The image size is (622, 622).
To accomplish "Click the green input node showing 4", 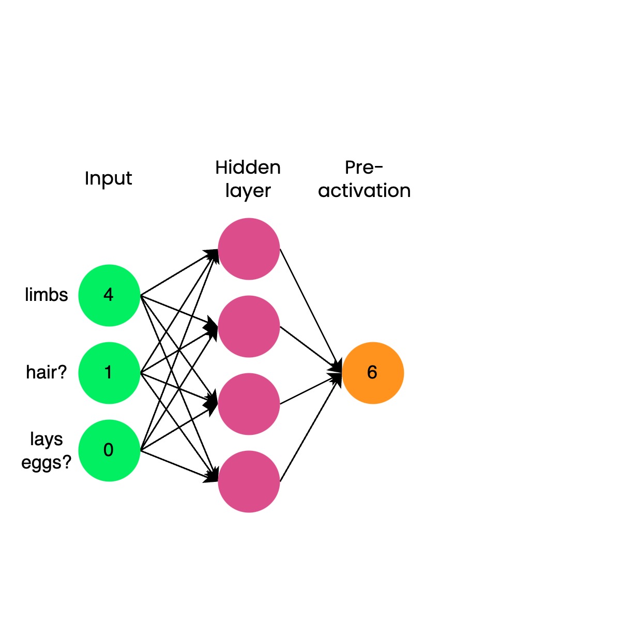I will (109, 295).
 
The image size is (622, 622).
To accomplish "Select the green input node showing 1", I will (109, 373).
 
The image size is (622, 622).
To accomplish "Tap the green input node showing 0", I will (109, 450).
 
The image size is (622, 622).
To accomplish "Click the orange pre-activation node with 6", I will (373, 373).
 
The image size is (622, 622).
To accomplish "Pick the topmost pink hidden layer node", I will (249, 249).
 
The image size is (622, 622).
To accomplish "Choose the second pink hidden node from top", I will (249, 326).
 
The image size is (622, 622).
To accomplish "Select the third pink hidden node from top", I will (249, 404).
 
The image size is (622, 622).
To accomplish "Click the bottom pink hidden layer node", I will (249, 481).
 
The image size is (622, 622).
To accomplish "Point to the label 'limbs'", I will (47, 295).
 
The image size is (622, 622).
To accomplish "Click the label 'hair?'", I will (47, 372).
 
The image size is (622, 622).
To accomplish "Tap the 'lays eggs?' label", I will (47, 450).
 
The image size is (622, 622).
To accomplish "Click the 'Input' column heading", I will (108, 178).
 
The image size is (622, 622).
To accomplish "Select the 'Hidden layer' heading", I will (248, 179).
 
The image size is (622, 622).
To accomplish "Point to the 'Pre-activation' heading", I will (364, 179).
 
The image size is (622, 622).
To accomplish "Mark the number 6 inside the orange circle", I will (372, 372).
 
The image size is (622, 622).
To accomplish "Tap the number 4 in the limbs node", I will (108, 295).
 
